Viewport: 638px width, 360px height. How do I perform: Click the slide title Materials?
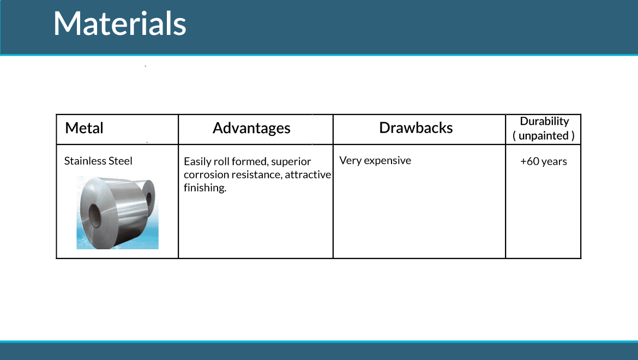119,23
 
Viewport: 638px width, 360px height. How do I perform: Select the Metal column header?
84,128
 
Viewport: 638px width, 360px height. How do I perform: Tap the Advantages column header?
251,129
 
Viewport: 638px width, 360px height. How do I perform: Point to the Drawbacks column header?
416,128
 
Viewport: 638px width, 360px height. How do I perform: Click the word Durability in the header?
544,121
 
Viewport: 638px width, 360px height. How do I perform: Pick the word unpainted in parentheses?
544,135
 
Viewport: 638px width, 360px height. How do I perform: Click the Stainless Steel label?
98,161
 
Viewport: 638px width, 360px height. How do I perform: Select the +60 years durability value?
544,161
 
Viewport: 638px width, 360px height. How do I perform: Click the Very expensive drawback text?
375,160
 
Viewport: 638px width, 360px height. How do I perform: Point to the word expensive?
387,161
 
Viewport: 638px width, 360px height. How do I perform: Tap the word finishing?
204,188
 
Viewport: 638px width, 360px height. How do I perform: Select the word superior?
291,162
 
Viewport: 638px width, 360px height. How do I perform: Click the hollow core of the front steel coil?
94,215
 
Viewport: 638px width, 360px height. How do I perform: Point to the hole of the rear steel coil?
149,199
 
